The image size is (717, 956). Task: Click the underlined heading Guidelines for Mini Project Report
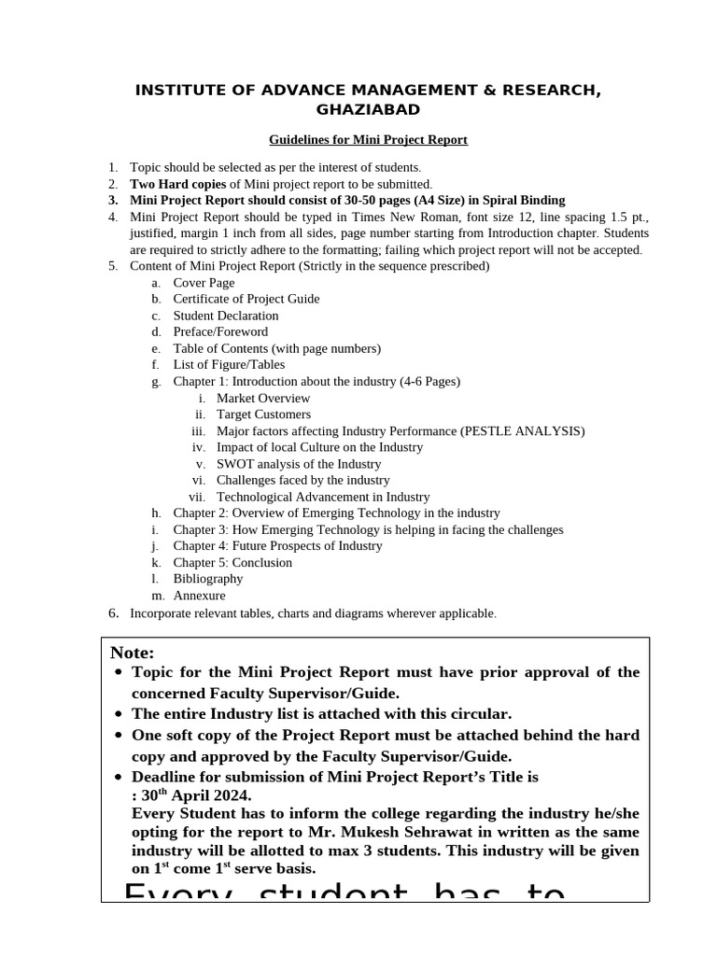point(368,140)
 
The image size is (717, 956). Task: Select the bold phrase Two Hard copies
point(177,184)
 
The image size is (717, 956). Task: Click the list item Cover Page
point(204,283)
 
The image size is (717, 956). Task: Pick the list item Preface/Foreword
point(220,331)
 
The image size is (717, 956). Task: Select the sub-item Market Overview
point(263,398)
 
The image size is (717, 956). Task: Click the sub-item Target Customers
point(263,414)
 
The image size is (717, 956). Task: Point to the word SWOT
point(233,464)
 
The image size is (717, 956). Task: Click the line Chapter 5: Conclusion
point(232,562)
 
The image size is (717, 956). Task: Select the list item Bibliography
point(208,579)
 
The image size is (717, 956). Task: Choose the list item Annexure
point(199,596)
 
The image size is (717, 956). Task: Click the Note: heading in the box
point(133,653)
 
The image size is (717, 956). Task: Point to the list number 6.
point(113,613)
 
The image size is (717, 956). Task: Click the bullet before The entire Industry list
point(117,714)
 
